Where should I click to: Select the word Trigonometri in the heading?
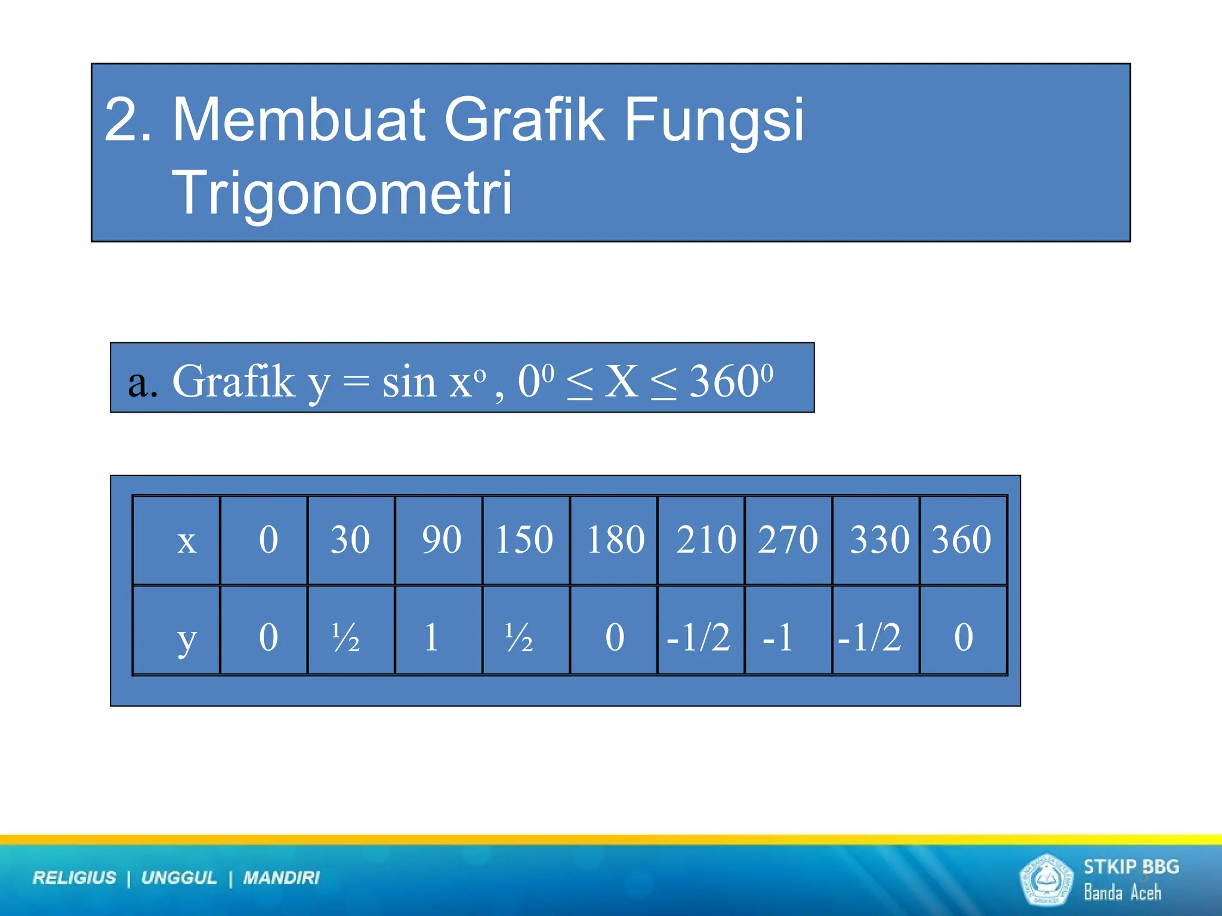pyautogui.click(x=341, y=192)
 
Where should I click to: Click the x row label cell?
pyautogui.click(x=177, y=540)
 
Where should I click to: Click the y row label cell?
pyautogui.click(x=177, y=631)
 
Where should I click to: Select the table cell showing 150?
pyautogui.click(x=525, y=540)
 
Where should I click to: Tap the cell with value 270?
pyautogui.click(x=788, y=540)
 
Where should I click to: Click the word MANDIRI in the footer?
pyautogui.click(x=281, y=878)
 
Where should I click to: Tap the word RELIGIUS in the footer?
pyautogui.click(x=75, y=878)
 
